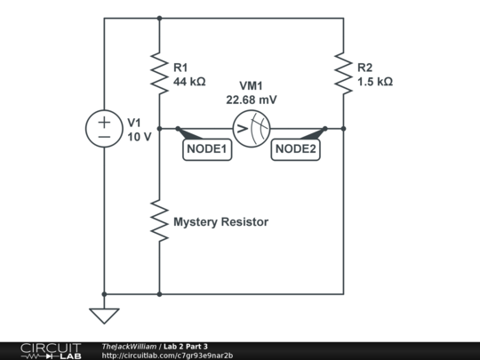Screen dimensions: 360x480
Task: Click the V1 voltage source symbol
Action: pyautogui.click(x=104, y=129)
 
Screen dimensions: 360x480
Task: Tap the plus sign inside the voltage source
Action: pyautogui.click(x=104, y=121)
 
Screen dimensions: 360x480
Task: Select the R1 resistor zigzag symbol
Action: pyautogui.click(x=159, y=73)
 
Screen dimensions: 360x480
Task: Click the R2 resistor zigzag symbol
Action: pyautogui.click(x=343, y=73)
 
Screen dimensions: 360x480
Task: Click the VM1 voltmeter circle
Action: pyautogui.click(x=251, y=130)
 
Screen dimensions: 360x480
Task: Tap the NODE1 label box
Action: pyautogui.click(x=207, y=150)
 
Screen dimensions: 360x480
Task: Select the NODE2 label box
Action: pyautogui.click(x=295, y=150)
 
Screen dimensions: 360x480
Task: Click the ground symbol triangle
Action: pyautogui.click(x=104, y=315)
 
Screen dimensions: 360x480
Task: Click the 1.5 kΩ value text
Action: pyautogui.click(x=374, y=81)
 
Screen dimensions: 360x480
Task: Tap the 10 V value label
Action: pyautogui.click(x=140, y=137)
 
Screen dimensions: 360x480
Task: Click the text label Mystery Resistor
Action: pyautogui.click(x=220, y=221)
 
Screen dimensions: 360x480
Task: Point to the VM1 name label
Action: pyautogui.click(x=252, y=87)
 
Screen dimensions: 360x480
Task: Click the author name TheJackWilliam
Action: pyautogui.click(x=129, y=346)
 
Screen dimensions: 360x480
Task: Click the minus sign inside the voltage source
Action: pyautogui.click(x=104, y=138)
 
